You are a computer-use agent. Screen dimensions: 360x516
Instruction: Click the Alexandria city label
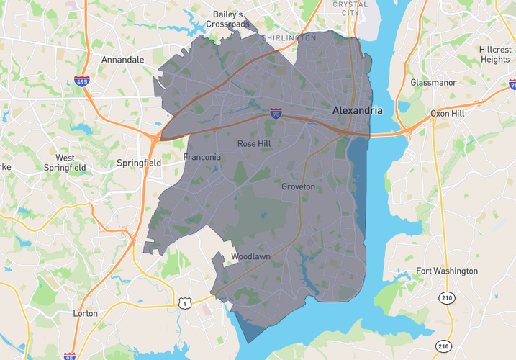click(x=357, y=111)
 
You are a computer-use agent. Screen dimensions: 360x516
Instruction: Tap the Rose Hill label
click(x=254, y=144)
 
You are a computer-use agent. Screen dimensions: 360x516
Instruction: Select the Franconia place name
click(x=202, y=158)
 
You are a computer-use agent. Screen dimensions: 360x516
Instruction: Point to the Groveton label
click(x=298, y=187)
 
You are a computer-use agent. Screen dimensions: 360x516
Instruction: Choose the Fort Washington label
click(x=447, y=271)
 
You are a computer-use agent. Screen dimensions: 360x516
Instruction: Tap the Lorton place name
click(x=86, y=314)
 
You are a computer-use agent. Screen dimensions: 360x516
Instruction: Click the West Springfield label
click(x=71, y=163)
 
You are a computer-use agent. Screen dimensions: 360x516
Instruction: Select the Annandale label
click(x=123, y=60)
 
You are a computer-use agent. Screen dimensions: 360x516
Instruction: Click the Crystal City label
click(x=350, y=9)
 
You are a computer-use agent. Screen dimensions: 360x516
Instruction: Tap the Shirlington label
click(x=289, y=37)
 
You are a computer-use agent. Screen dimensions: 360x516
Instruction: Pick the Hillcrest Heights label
click(x=494, y=55)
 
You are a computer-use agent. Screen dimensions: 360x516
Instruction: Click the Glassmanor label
click(x=433, y=83)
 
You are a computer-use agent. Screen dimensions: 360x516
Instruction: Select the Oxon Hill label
click(x=447, y=114)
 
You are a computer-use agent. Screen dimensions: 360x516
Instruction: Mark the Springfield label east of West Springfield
click(x=139, y=163)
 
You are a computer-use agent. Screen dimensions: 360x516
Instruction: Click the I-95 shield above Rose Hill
click(x=276, y=113)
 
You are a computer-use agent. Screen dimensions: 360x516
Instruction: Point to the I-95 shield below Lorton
click(x=69, y=356)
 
